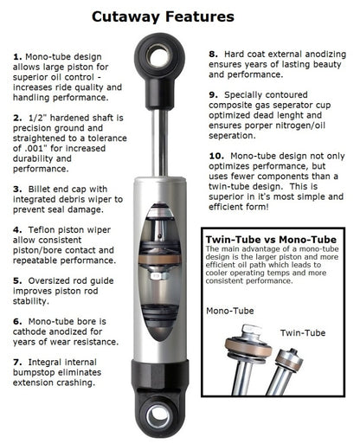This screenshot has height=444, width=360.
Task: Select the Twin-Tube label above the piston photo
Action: coord(303,331)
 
